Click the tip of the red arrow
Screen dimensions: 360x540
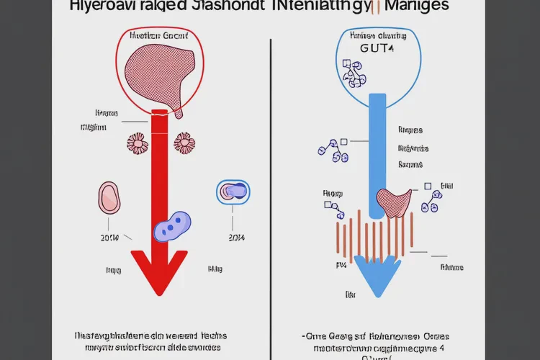[x=161, y=294]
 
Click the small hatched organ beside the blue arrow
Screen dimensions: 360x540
[x=394, y=202]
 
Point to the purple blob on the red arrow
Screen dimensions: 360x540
[x=171, y=228]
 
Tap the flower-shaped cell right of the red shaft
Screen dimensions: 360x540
[x=185, y=143]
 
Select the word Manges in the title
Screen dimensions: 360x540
[x=417, y=6]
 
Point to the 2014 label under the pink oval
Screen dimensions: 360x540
[x=109, y=237]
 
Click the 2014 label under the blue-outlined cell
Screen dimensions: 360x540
[x=237, y=237]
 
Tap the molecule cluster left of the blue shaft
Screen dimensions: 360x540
[x=333, y=150]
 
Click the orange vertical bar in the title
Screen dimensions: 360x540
[x=374, y=6]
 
